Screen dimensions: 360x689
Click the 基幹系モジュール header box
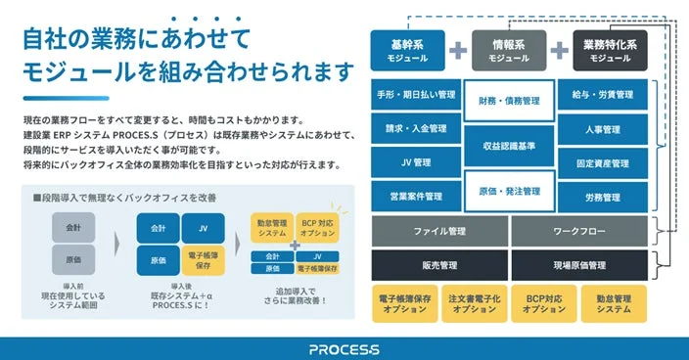pos(407,50)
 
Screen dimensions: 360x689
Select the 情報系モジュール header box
pos(509,50)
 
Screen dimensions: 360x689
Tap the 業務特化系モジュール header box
pos(610,50)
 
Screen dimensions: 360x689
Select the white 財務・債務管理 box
pos(509,101)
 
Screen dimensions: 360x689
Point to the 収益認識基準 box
pos(509,146)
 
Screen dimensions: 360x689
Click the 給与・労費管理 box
pos(602,96)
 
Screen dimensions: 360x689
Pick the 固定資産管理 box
pos(602,162)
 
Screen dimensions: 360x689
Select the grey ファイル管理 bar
pos(439,231)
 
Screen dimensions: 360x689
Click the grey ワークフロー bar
pos(578,231)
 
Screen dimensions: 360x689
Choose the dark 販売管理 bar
pos(439,264)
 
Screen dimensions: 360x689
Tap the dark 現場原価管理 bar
pos(578,264)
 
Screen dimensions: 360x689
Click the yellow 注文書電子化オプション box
pos(475,303)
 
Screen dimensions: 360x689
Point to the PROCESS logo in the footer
pos(344,348)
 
